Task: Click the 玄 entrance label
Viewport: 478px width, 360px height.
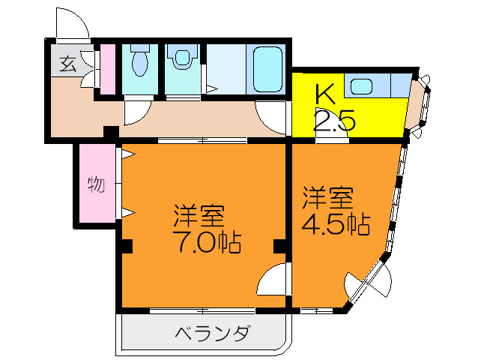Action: [x=68, y=64]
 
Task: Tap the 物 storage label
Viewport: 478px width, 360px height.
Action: [x=95, y=184]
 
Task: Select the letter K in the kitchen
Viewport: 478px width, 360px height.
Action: [x=324, y=94]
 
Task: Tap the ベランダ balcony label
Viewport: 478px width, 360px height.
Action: [x=212, y=333]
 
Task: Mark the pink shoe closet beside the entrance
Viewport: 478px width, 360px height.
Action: [x=107, y=69]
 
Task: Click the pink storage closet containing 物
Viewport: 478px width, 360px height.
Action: [x=95, y=184]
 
